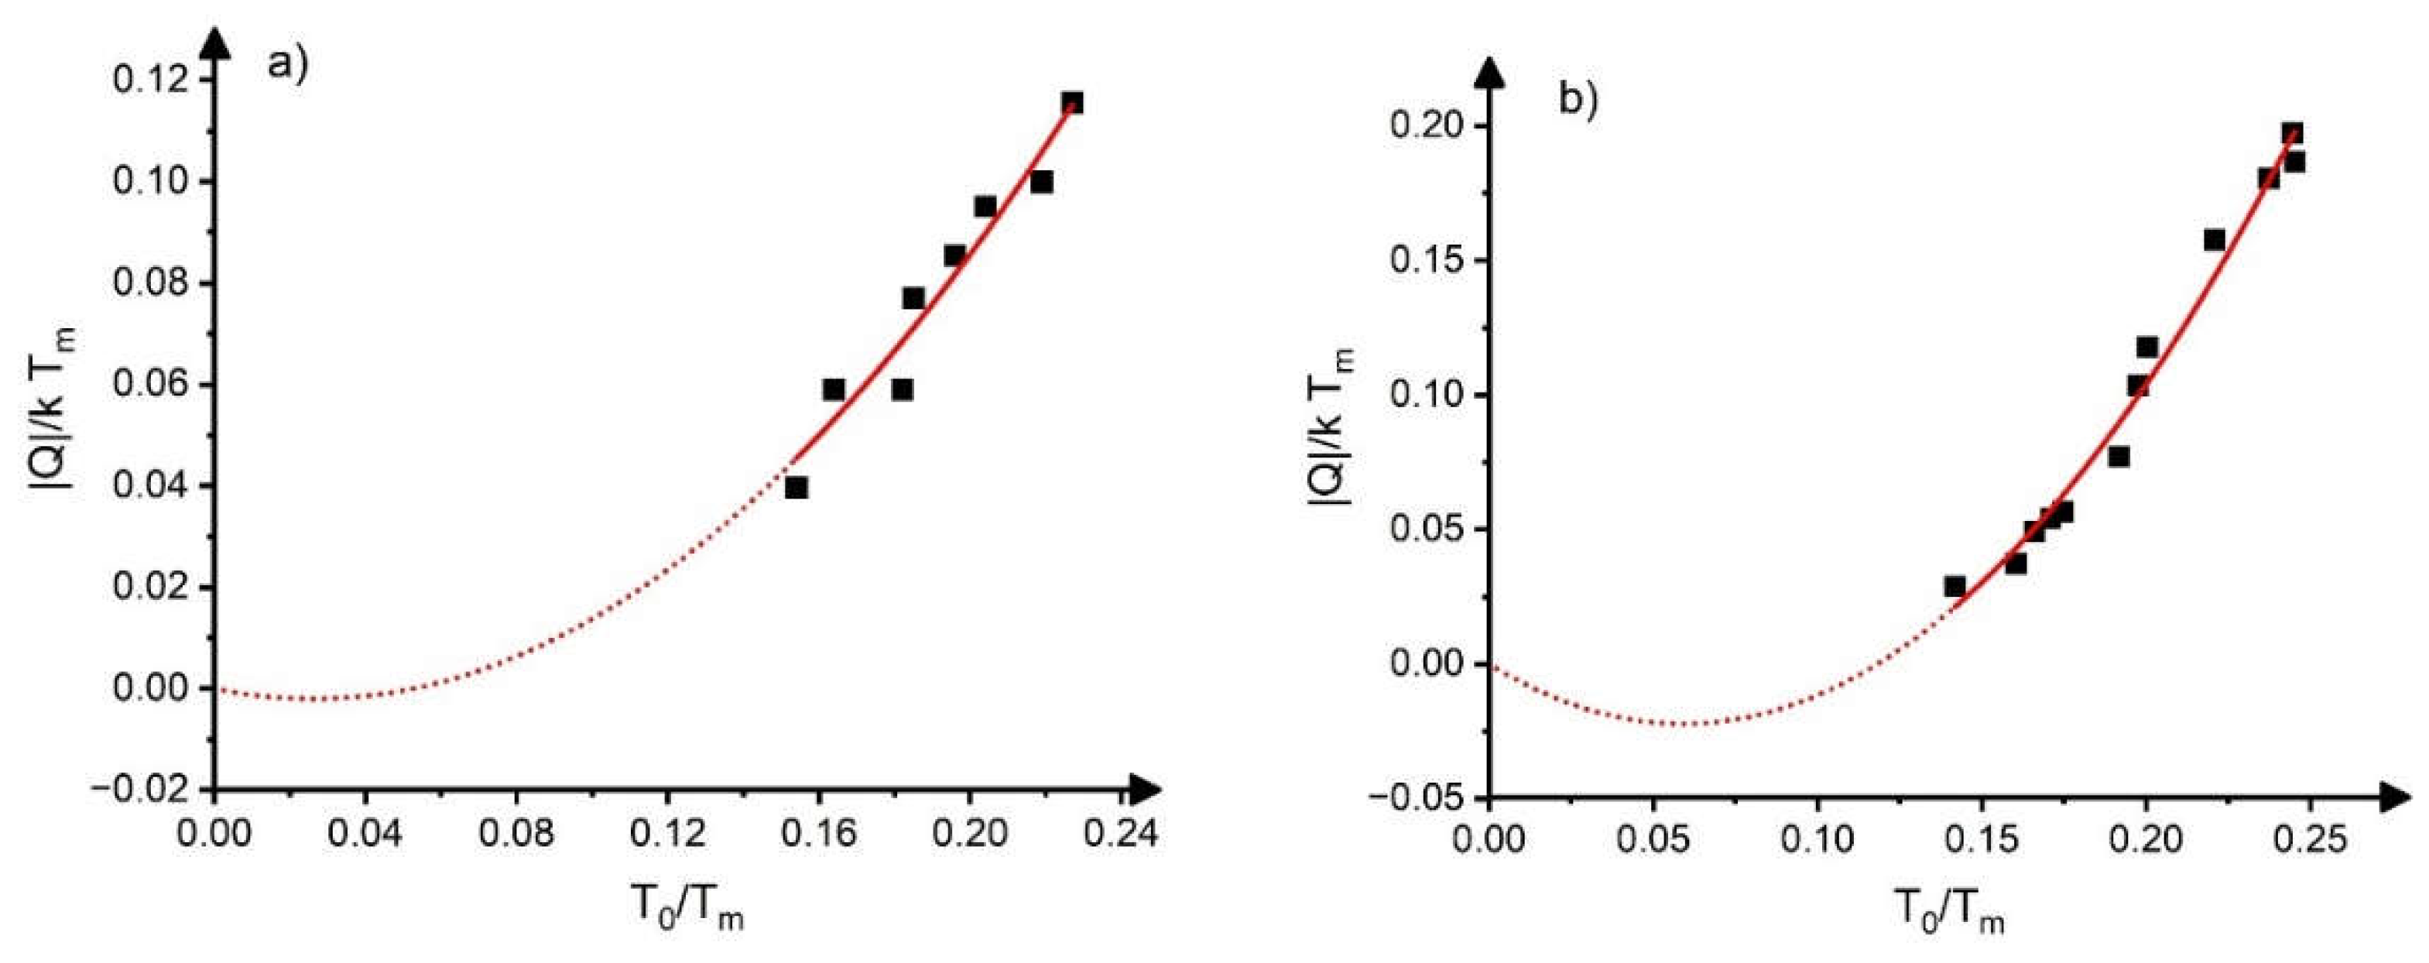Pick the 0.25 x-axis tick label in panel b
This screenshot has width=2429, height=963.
[x=2308, y=839]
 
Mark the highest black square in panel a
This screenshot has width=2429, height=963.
[x=1072, y=102]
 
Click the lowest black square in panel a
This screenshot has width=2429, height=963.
[x=797, y=488]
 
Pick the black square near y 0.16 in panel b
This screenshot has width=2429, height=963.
[x=2215, y=239]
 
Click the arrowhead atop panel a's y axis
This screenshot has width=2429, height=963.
[x=216, y=42]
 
